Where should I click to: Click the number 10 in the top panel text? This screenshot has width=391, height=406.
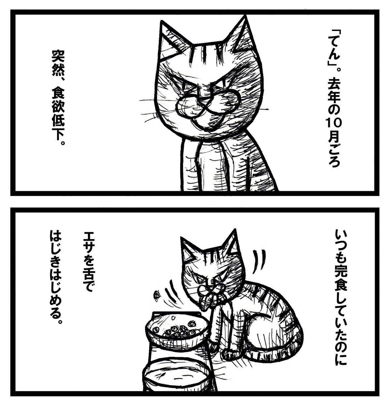pyautogui.click(x=332, y=124)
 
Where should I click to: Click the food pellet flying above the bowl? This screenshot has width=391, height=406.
pyautogui.click(x=157, y=294)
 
